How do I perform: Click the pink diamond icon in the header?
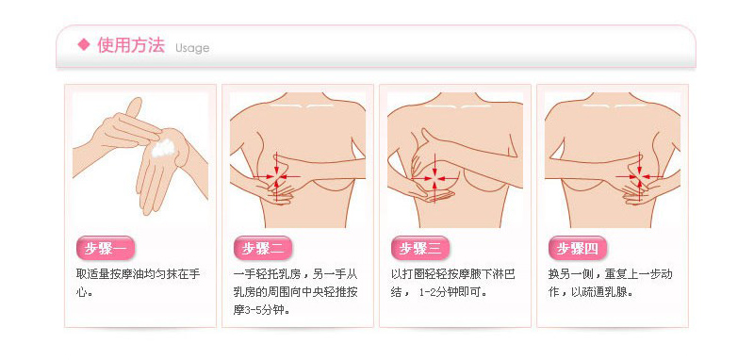(84, 44)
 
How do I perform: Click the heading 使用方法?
(131, 45)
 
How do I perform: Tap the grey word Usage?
(192, 48)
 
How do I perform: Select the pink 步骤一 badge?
(106, 248)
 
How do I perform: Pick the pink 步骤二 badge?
(263, 248)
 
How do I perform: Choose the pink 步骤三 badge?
(420, 248)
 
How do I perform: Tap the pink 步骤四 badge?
(578, 248)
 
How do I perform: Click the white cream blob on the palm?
(162, 149)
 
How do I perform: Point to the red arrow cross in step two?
(276, 177)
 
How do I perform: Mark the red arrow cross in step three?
(434, 178)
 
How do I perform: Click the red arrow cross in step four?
(640, 177)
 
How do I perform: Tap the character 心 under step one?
(83, 292)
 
